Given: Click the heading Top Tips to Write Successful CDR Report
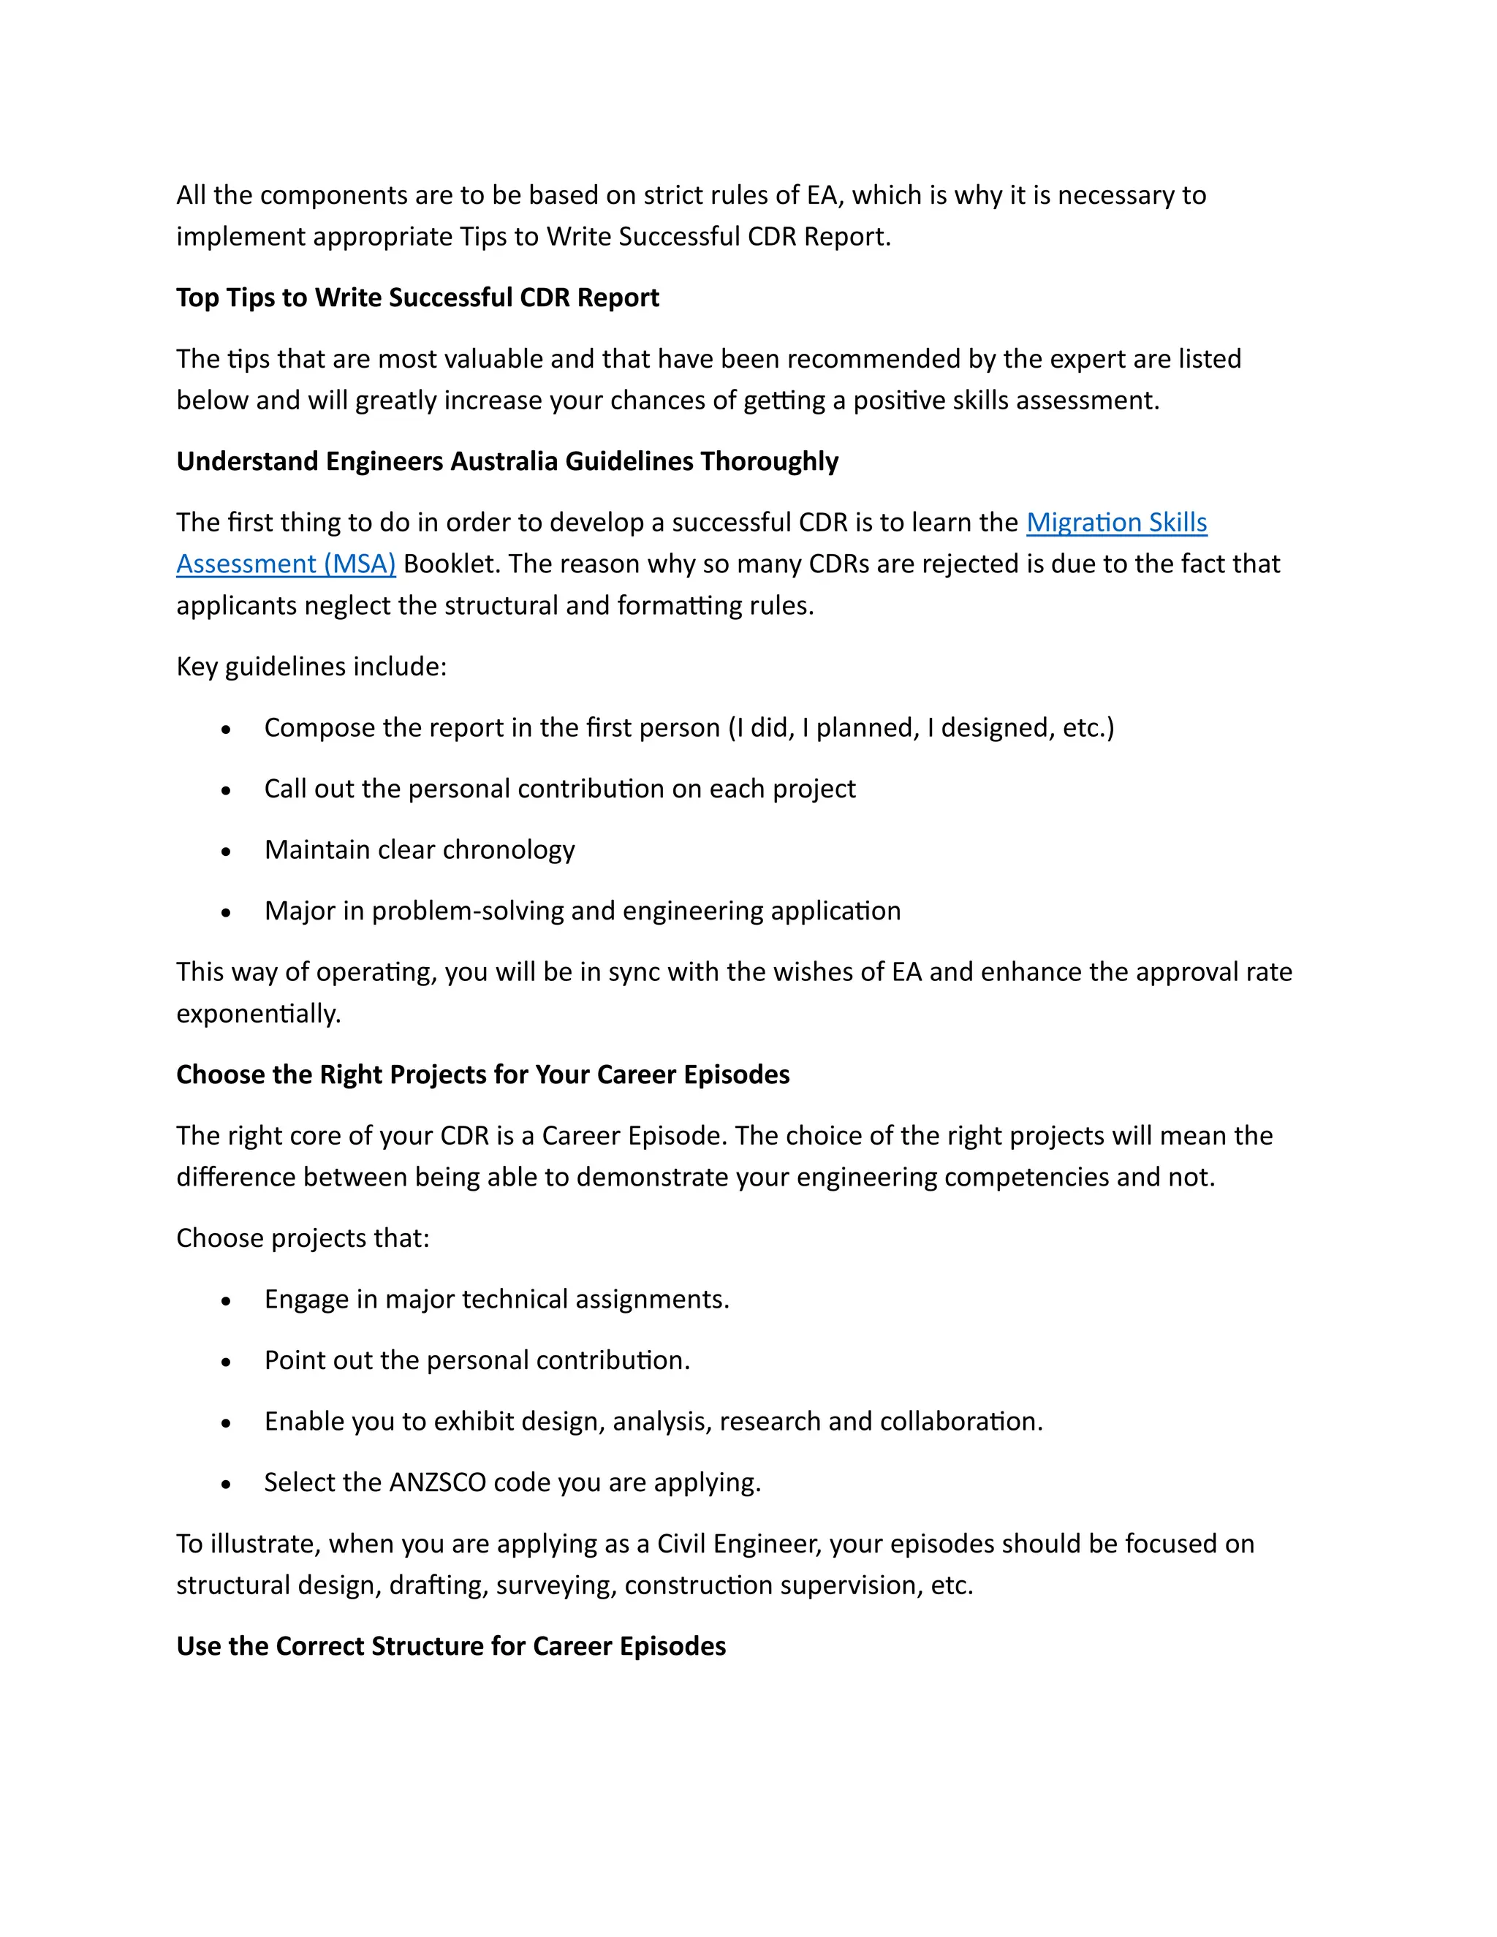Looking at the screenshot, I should coord(417,298).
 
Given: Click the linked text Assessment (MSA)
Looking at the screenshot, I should coord(286,564).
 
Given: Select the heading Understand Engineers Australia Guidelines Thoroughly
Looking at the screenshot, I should coord(507,462).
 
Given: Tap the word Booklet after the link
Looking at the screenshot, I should coord(452,564).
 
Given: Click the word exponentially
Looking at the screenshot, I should coord(257,1014).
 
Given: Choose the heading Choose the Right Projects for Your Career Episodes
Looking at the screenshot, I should coord(482,1075).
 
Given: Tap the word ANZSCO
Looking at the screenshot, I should coord(437,1483).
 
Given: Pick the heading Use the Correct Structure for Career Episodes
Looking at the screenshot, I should coord(450,1646).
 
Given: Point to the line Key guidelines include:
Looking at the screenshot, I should coord(311,667).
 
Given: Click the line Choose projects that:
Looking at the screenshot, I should coord(303,1238).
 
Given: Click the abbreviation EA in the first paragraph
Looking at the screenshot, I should coord(821,196).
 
